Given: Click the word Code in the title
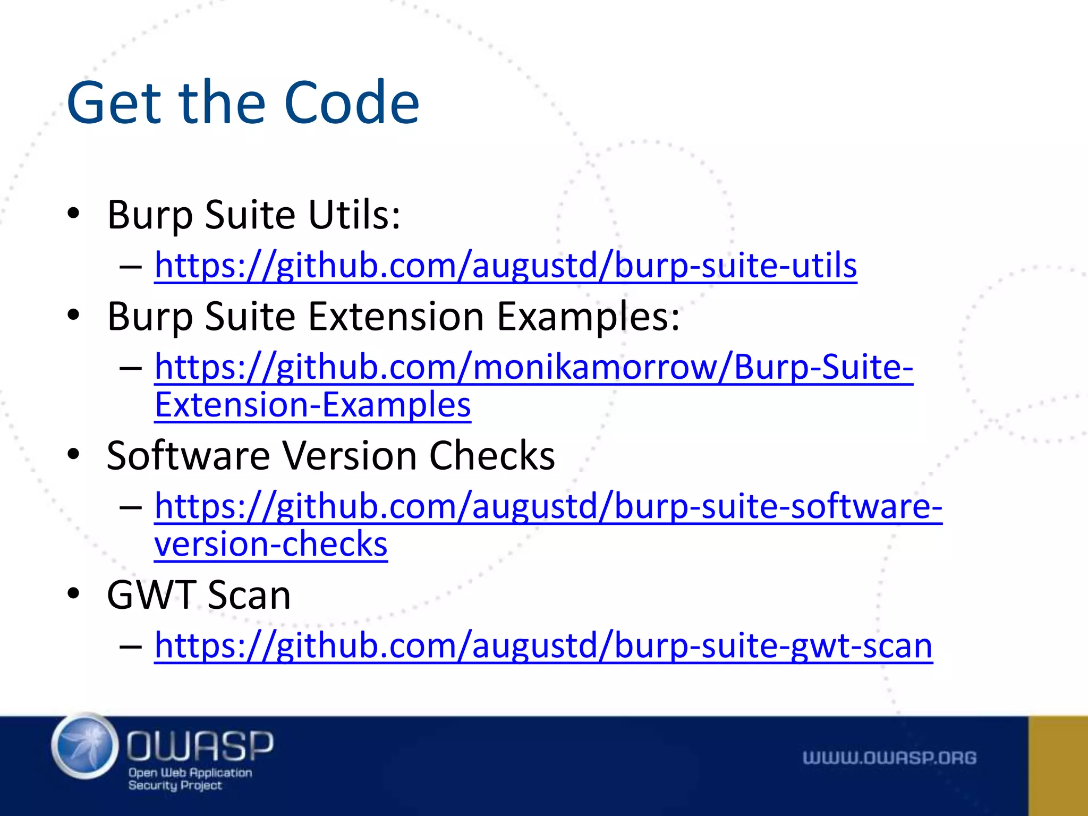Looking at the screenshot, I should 352,103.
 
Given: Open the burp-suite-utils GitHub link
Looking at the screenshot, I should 505,265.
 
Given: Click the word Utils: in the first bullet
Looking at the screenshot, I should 354,215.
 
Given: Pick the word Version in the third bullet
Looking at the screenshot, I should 349,456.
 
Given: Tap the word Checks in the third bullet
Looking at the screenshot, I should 491,456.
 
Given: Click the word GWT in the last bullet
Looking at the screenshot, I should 151,595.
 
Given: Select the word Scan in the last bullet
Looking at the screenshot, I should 249,595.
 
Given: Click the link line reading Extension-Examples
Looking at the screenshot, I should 312,405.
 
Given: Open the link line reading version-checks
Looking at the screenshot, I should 271,544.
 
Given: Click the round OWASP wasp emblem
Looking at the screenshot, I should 85,746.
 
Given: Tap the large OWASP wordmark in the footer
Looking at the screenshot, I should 200,745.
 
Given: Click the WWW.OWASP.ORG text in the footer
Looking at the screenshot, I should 889,758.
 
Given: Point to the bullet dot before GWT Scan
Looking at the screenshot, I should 73,593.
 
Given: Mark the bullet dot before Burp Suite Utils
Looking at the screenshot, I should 73,214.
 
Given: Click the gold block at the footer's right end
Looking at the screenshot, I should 1058,766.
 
